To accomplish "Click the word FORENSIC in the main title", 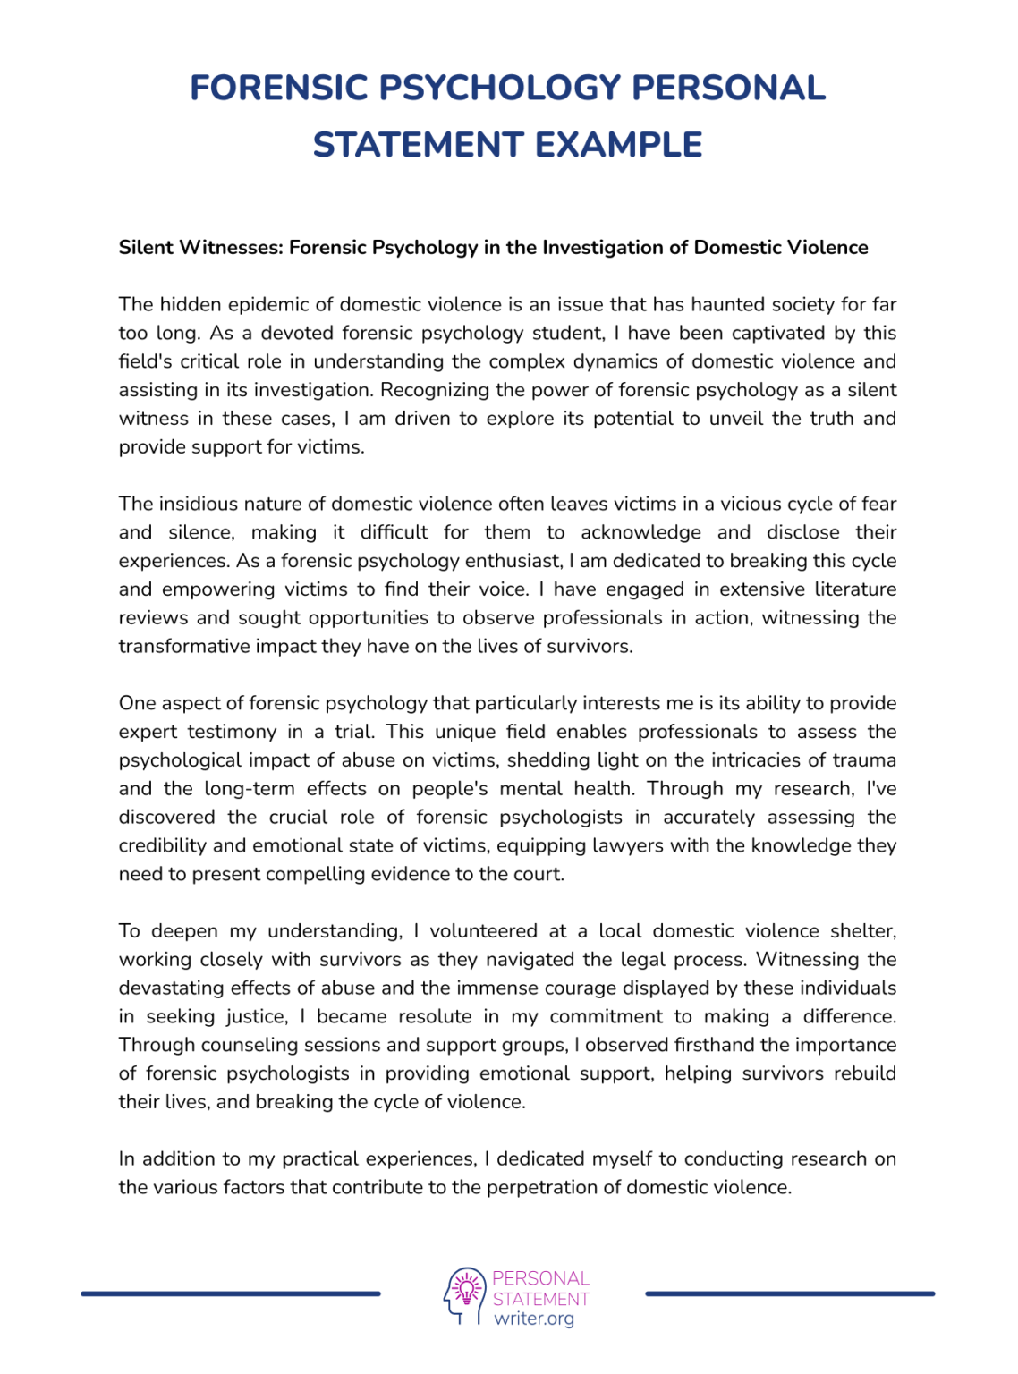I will point(279,88).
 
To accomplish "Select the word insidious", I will point(198,504).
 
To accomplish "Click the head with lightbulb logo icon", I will point(463,1294).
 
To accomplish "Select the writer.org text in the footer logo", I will point(534,1319).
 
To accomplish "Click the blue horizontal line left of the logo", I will point(231,1293).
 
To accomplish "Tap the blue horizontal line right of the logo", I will point(789,1293).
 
